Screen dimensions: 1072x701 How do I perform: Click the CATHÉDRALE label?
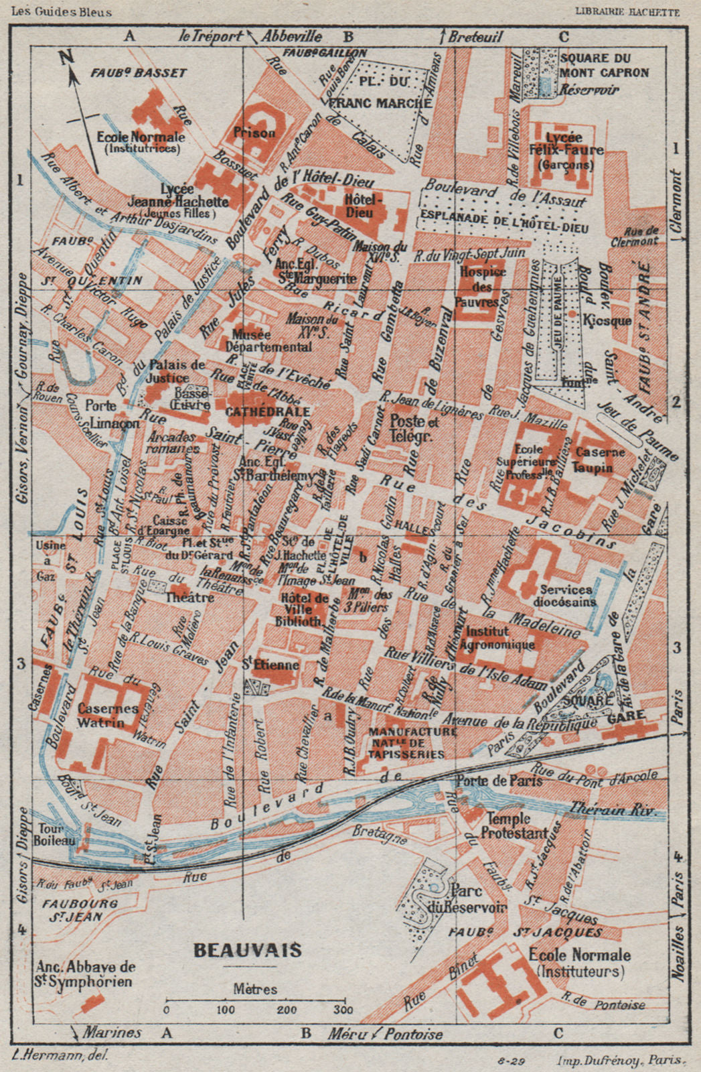[x=267, y=411]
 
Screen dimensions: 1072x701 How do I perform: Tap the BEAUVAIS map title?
[x=247, y=950]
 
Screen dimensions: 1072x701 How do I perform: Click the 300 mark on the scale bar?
[x=343, y=1010]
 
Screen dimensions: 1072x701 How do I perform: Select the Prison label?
[x=254, y=133]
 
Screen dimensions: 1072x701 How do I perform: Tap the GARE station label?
[x=627, y=715]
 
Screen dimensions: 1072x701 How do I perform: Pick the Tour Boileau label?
[x=51, y=833]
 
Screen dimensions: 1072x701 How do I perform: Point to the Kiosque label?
[x=607, y=321]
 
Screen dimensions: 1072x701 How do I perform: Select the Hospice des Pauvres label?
[x=483, y=287]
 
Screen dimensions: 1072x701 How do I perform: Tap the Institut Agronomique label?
[x=500, y=638]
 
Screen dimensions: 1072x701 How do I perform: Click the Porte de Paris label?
[x=499, y=781]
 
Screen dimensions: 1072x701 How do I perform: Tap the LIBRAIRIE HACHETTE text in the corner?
[x=626, y=11]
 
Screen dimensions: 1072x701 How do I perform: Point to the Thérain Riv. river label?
[x=613, y=809]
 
